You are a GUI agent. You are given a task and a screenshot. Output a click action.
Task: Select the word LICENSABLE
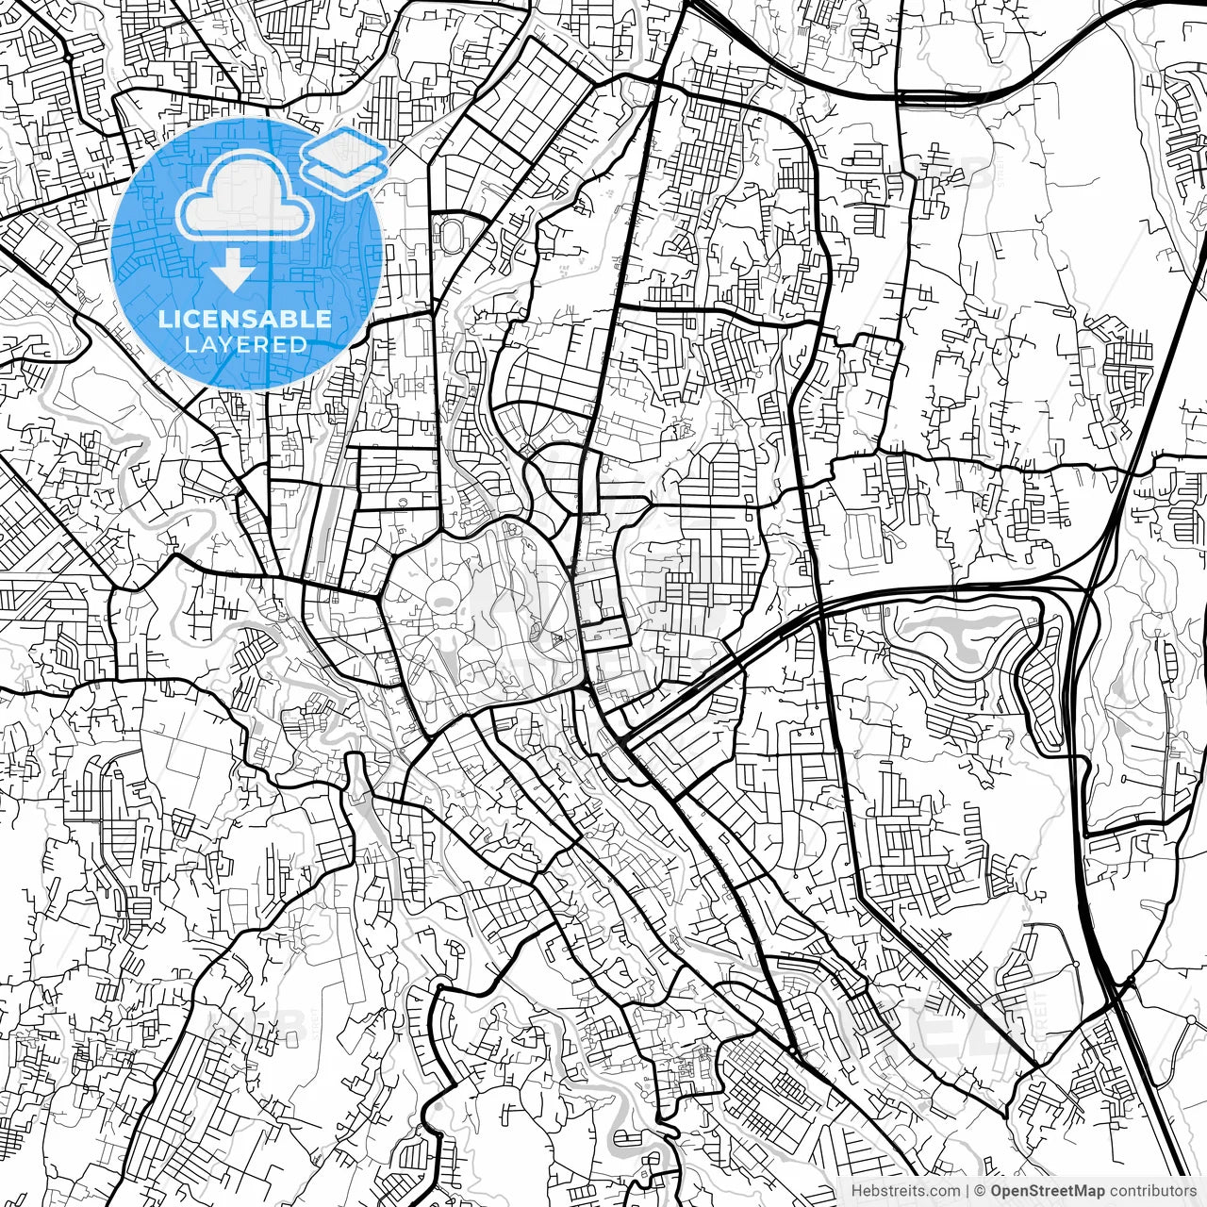coord(245,319)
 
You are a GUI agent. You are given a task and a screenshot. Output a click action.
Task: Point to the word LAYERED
coord(245,345)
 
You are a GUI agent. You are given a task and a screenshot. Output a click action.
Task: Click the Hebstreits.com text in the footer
coord(905,1191)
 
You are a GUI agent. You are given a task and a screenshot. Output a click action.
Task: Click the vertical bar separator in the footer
coord(968,1191)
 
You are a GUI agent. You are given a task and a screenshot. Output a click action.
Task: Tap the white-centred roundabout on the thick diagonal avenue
coord(794,1050)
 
